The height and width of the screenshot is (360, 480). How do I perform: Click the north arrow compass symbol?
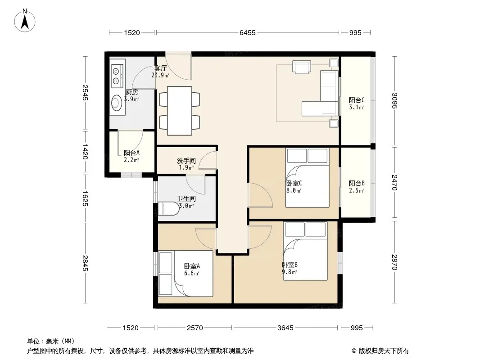point(25,21)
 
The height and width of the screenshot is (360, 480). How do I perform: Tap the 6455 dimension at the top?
point(247,33)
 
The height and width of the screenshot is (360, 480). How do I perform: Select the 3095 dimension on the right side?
point(394,101)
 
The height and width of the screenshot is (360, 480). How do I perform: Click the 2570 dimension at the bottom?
point(195,328)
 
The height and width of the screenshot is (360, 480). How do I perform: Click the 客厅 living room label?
point(160,68)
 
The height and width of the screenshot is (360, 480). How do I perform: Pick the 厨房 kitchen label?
point(132,92)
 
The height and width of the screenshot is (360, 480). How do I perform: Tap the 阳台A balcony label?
point(131,153)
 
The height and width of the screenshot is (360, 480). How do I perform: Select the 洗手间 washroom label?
point(186,161)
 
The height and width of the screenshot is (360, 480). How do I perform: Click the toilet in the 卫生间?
point(168,208)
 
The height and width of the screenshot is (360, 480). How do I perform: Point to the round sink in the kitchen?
point(117,103)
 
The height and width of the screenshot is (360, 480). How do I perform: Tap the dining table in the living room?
point(180,111)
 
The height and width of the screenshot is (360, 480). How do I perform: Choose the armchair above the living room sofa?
point(302,67)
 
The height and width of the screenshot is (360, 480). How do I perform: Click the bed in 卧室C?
point(308,178)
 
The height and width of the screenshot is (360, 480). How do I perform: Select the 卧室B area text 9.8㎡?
point(289,272)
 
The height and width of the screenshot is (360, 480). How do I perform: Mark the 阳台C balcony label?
point(357,100)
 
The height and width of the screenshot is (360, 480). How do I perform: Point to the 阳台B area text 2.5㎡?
point(357,190)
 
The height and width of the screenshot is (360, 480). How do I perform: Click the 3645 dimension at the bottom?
point(285,328)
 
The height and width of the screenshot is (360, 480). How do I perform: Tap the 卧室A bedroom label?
point(192,266)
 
